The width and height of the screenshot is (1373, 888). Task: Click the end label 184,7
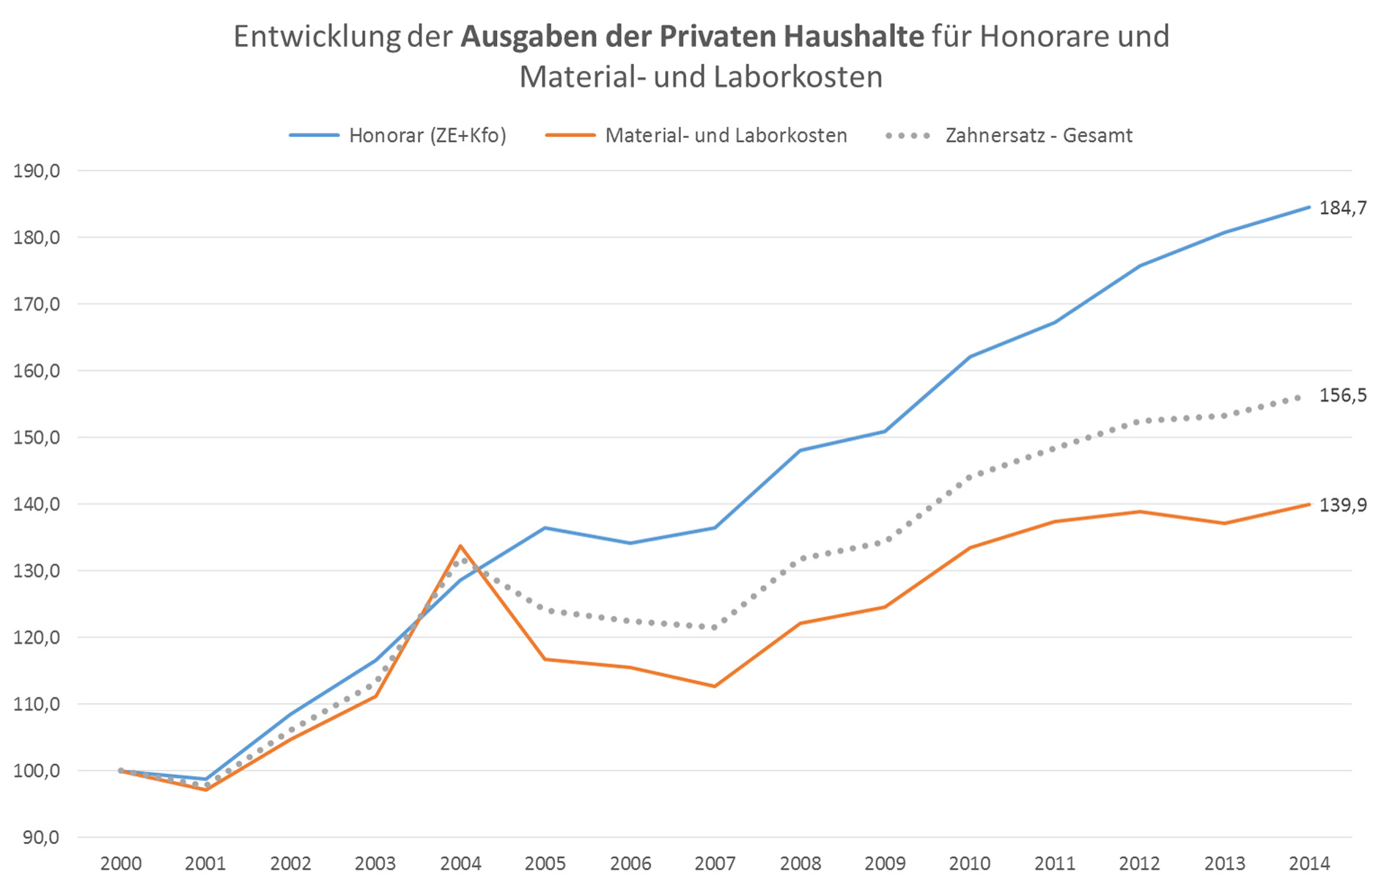[x=1342, y=208]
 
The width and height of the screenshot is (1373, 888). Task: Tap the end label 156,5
[x=1342, y=396]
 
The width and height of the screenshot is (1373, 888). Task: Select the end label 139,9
[x=1342, y=505]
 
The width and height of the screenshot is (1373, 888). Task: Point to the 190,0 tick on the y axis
[x=37, y=171]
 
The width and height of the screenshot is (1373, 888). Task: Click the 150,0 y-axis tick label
[x=37, y=438]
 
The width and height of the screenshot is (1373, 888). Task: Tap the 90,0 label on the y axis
[x=40, y=837]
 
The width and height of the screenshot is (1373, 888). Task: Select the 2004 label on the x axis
[x=460, y=863]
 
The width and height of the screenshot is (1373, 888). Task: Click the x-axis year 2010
[x=969, y=863]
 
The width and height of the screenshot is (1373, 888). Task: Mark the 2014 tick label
[x=1308, y=863]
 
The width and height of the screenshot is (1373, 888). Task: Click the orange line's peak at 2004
[x=460, y=546]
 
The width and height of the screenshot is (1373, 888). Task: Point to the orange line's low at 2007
[x=715, y=686]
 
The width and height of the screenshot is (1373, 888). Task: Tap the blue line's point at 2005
[x=545, y=528]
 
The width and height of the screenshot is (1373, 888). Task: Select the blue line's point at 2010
[x=969, y=357]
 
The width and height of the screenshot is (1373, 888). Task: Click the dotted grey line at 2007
[x=715, y=627]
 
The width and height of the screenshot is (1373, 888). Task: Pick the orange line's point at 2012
[x=1139, y=512]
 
